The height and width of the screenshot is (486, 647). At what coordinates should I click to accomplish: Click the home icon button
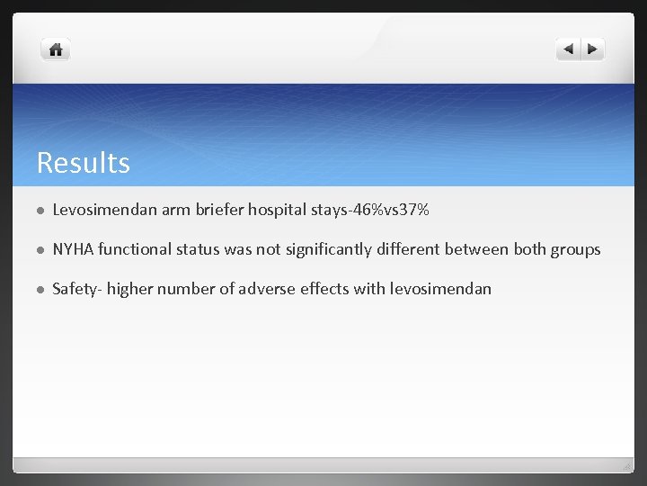click(x=56, y=50)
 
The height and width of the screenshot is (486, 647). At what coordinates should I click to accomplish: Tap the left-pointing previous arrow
click(x=568, y=49)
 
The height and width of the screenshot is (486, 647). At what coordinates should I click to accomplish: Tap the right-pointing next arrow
click(x=593, y=49)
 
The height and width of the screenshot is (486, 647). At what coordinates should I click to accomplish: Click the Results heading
click(x=84, y=163)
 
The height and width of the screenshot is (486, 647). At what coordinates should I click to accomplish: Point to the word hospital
click(x=278, y=211)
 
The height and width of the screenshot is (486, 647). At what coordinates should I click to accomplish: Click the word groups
click(x=575, y=249)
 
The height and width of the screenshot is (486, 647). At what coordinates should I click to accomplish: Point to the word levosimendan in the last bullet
click(x=440, y=289)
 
